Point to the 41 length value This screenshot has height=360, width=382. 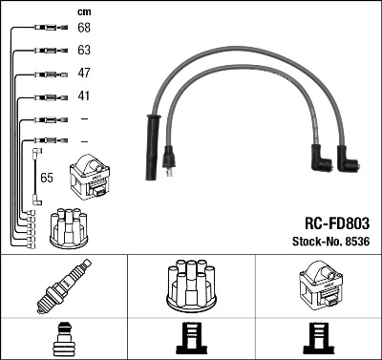pyautogui.click(x=83, y=95)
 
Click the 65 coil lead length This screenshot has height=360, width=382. pyautogui.click(x=47, y=178)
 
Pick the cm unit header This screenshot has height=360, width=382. pyautogui.click(x=84, y=11)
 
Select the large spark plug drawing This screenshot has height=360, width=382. pyautogui.click(x=63, y=287)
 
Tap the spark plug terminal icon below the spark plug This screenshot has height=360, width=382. pyautogui.click(x=63, y=340)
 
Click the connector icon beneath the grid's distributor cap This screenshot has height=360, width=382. pyautogui.click(x=191, y=340)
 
